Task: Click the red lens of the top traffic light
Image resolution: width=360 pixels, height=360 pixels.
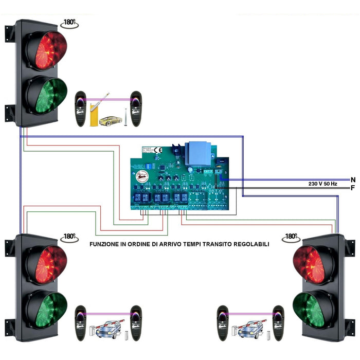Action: click(x=47, y=50)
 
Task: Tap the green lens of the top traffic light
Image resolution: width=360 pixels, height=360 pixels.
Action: click(x=47, y=96)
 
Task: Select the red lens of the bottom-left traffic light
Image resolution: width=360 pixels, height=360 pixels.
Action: click(x=47, y=265)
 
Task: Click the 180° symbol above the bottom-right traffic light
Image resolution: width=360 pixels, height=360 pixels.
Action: click(x=292, y=237)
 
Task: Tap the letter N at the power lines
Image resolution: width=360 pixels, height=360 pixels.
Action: click(x=353, y=179)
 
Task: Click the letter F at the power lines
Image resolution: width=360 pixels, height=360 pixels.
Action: click(x=353, y=188)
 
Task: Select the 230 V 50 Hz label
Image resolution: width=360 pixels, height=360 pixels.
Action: click(x=323, y=184)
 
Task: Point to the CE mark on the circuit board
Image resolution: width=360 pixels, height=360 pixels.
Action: click(x=158, y=151)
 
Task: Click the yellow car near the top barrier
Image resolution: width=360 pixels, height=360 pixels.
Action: click(x=111, y=121)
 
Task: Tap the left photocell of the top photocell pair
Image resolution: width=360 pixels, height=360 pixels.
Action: click(x=81, y=109)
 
